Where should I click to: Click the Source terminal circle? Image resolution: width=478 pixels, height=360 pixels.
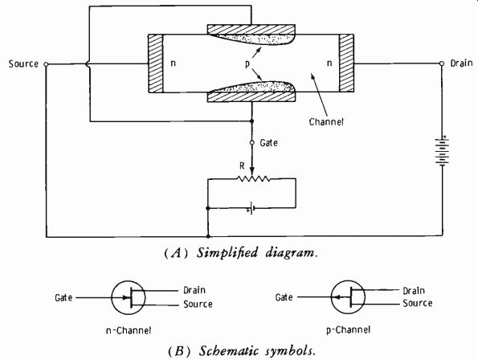(46, 64)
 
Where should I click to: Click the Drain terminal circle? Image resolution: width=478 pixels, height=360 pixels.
(442, 63)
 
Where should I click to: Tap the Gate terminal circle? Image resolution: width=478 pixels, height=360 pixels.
(251, 143)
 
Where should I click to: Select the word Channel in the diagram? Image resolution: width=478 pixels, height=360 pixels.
(326, 122)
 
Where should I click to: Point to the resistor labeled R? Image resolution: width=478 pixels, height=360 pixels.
(254, 178)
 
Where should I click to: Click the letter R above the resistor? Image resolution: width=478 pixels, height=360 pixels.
(242, 166)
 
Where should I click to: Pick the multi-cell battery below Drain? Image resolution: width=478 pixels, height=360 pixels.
(442, 151)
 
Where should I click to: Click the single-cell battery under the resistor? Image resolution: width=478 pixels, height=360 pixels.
(251, 208)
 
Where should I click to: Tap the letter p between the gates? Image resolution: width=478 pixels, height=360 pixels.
(247, 64)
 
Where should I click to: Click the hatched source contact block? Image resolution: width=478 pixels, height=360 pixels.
(156, 63)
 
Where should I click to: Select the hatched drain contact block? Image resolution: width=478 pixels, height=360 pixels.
(346, 63)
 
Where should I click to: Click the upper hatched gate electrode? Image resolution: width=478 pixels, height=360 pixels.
(251, 30)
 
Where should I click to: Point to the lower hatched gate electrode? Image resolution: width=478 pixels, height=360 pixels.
(251, 96)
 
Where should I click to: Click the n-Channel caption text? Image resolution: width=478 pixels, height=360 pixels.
(129, 330)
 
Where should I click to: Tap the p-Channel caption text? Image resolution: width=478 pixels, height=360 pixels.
(348, 329)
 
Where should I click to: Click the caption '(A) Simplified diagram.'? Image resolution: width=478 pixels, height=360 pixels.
(241, 253)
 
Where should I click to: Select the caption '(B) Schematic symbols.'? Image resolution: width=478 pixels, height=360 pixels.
(242, 351)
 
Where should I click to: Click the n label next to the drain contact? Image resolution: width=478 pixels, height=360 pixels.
(329, 63)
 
